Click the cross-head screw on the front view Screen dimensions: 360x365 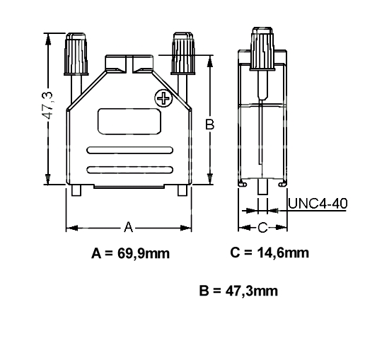pyautogui.click(x=163, y=98)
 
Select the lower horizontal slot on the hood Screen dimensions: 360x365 pyautogui.click(x=129, y=168)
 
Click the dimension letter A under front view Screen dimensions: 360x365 pyautogui.click(x=129, y=227)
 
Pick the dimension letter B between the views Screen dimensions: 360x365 pyautogui.click(x=209, y=124)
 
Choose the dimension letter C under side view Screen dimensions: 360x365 pyautogui.click(x=262, y=227)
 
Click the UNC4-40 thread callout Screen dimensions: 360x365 pyautogui.click(x=318, y=204)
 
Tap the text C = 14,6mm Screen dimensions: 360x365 pyautogui.click(x=269, y=252)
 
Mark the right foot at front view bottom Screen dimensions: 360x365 pyautogui.click(x=181, y=190)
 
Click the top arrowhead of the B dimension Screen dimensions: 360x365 pyautogui.click(x=209, y=62)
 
